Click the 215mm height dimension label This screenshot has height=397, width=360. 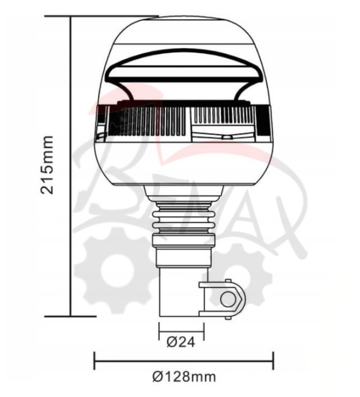[48, 165]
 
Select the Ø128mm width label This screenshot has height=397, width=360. [184, 378]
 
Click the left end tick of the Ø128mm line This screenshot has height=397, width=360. [94, 360]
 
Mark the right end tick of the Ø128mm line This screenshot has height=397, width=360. [273, 360]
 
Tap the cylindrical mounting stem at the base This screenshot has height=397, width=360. [177, 291]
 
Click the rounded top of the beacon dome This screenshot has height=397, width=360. [183, 26]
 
